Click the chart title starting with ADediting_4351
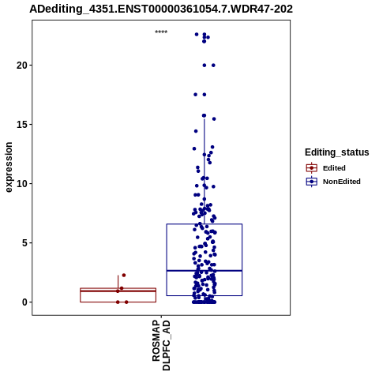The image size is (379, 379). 161,9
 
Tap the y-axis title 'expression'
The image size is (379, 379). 9,167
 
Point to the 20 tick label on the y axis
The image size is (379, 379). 22,66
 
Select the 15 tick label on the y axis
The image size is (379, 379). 22,125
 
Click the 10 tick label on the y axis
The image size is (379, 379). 22,184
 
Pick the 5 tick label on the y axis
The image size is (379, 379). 24,243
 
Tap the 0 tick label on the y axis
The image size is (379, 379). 24,302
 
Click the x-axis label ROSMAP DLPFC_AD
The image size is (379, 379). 161,345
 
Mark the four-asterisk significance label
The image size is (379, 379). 161,32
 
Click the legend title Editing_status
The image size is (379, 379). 337,152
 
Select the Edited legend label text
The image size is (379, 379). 334,168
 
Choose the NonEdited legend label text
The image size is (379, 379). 342,182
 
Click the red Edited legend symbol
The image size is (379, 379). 312,168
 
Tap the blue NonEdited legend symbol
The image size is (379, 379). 312,182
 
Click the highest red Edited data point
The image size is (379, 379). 124,275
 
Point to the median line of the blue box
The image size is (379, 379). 205,271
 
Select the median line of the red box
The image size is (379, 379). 118,291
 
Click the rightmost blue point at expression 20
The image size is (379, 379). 213,66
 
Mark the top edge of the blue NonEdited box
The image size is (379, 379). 205,224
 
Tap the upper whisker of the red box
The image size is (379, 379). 118,282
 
